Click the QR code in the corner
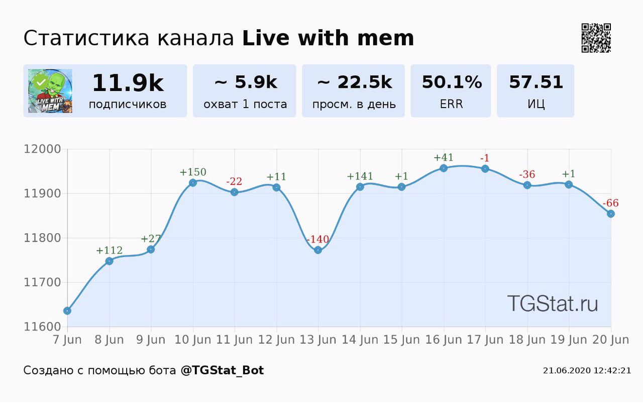click(596, 38)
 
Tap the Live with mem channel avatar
click(50, 91)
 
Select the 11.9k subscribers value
click(128, 83)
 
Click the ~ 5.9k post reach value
click(246, 82)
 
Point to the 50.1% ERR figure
click(451, 82)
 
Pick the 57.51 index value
click(535, 82)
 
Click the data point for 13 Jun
click(318, 250)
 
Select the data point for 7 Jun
click(67, 311)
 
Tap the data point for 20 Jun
click(611, 214)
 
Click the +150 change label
click(193, 172)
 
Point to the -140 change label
click(317, 239)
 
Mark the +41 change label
click(444, 158)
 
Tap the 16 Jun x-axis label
click(444, 340)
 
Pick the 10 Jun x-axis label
click(193, 340)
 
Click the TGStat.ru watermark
click(552, 304)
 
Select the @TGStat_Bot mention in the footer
click(222, 371)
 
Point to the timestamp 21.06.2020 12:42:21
click(587, 371)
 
